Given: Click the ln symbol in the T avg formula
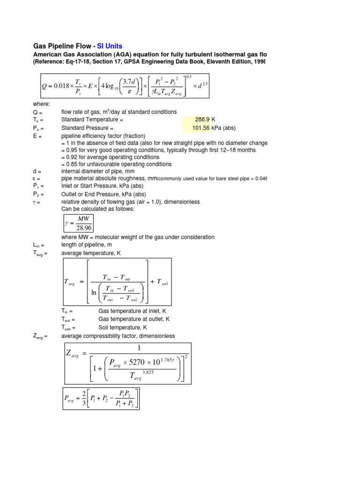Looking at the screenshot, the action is click(x=94, y=292).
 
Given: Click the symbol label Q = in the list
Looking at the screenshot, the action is click(x=37, y=112).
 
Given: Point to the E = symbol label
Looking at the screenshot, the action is click(x=37, y=135).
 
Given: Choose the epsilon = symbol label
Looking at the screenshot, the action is click(x=37, y=179).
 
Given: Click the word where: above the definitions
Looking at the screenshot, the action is click(x=41, y=104).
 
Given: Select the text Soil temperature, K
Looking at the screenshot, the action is click(x=123, y=328).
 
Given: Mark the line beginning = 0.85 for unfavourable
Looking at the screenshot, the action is click(x=116, y=164).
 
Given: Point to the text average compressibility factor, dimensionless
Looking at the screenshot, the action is click(x=118, y=336).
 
